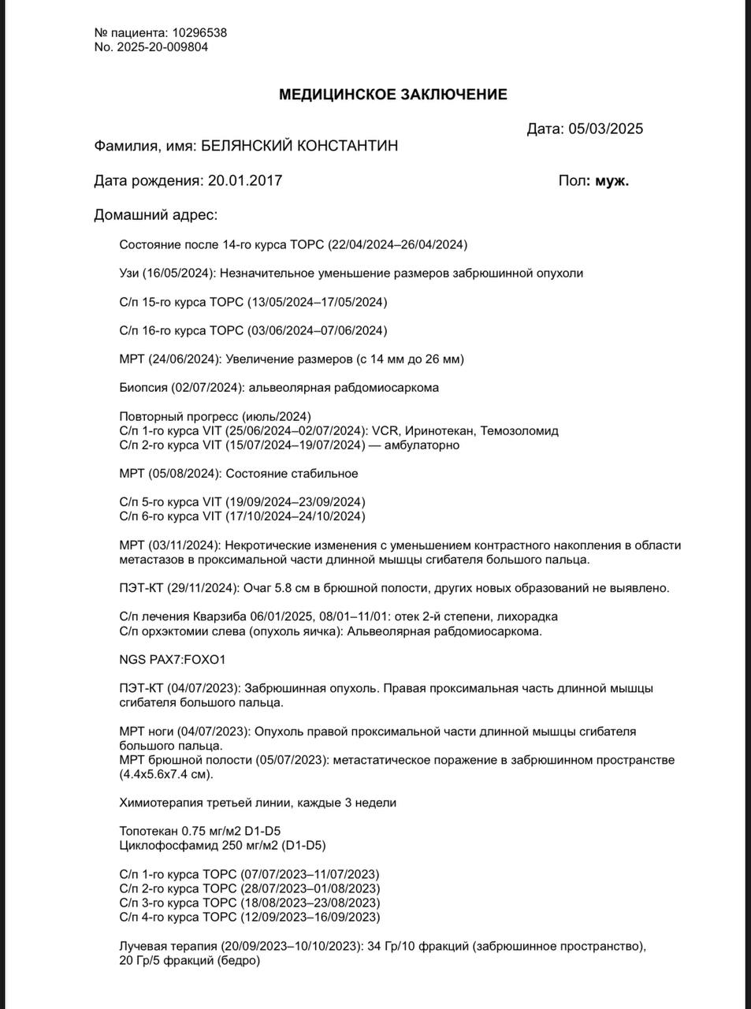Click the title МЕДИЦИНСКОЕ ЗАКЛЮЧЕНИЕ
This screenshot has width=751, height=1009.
point(392,95)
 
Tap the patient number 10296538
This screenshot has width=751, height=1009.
point(199,33)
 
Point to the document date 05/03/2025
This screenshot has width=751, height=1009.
point(605,129)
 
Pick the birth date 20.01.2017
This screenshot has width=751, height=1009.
point(245,181)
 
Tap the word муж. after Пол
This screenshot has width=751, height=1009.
point(612,181)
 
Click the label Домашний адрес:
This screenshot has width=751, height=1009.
point(155,215)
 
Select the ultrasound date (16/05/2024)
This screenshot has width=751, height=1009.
point(179,274)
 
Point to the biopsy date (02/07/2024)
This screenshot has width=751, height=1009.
point(206,388)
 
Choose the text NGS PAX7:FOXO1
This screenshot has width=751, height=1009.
point(166,660)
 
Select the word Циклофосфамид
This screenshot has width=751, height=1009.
point(163,845)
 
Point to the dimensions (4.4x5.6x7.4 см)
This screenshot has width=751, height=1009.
point(166,774)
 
